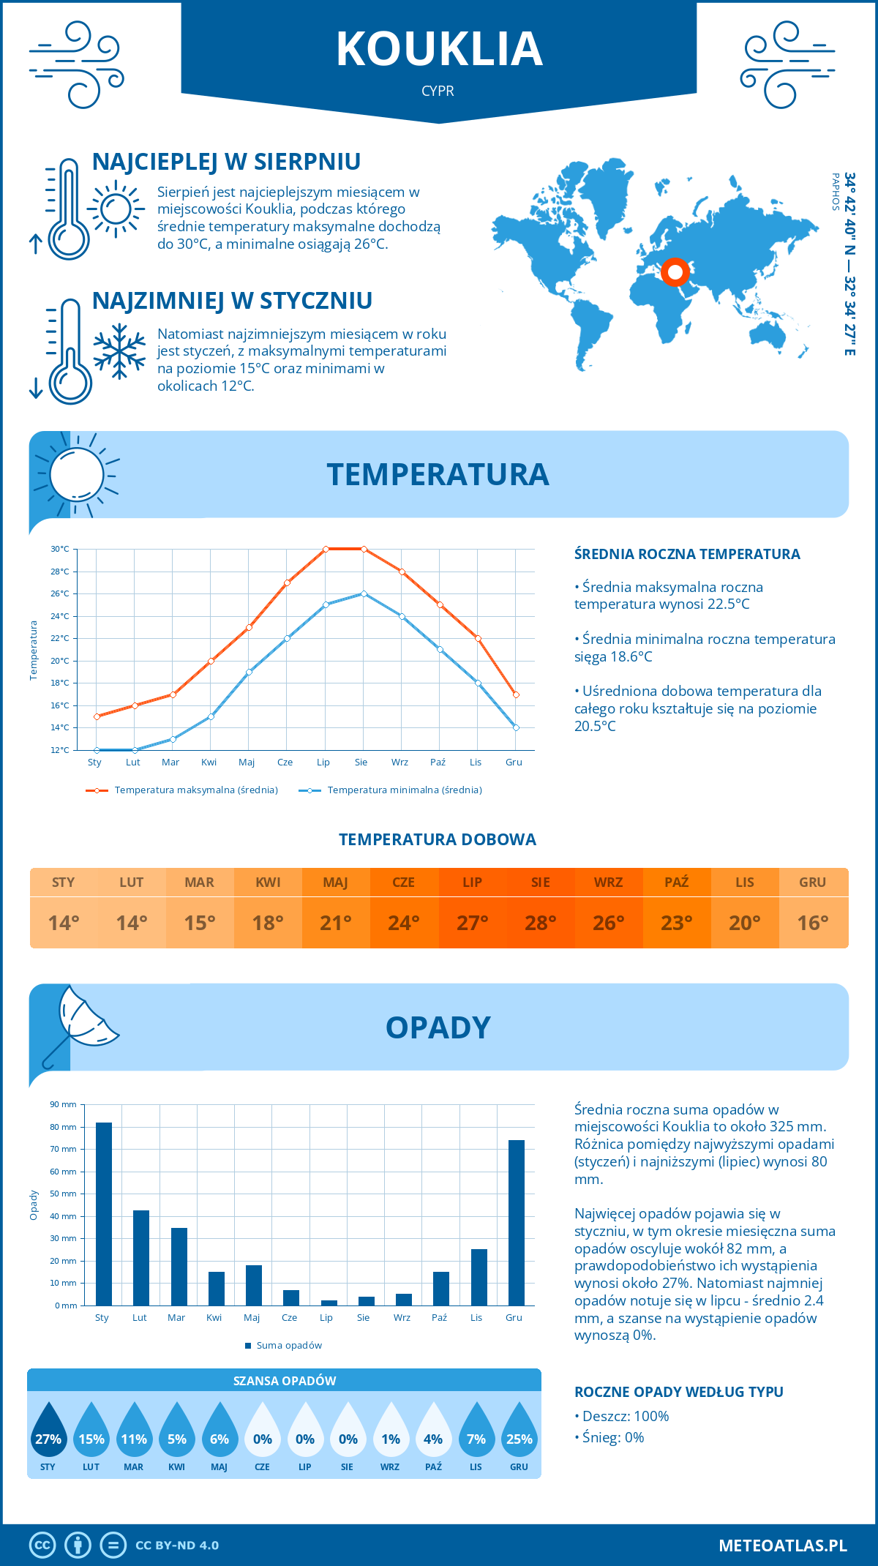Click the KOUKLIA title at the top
point(439,49)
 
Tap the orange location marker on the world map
point(675,272)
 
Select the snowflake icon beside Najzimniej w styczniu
point(119,351)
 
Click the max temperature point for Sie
point(364,549)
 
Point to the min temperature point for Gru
point(516,727)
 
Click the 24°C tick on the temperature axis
point(60,616)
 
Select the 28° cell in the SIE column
point(540,923)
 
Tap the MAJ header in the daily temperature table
point(335,882)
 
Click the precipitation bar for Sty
point(104,1213)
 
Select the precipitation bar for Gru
point(516,1222)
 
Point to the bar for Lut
point(141,1257)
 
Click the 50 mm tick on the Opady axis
point(63,1194)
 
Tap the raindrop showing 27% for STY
point(48,1430)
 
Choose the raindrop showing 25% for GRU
point(519,1430)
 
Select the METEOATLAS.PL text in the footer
point(782,1545)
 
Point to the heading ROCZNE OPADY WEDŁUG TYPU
point(678,1392)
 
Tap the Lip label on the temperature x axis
point(323,762)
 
